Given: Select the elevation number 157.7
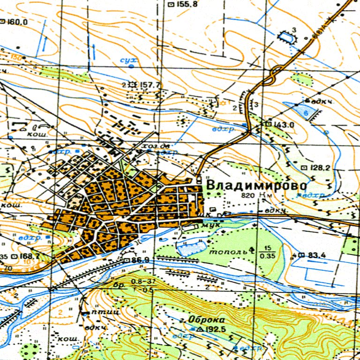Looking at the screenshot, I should pos(150,84).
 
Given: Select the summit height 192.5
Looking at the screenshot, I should pos(216,329).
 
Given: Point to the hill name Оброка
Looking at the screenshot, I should pos(203,319).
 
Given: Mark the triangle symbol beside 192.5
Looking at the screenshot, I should pos(201,329).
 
